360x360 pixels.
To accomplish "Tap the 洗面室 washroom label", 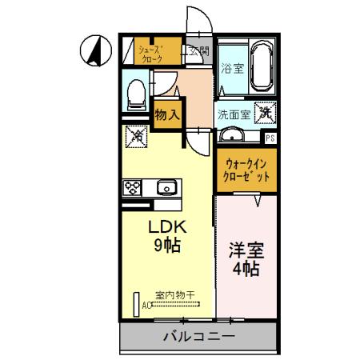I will coord(234,114).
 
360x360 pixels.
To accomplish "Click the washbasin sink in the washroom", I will coord(234,135).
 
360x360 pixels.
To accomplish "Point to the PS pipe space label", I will coord(270,138).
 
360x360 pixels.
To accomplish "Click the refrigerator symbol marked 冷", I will coord(135,137).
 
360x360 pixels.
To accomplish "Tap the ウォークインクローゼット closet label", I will coord(246,170).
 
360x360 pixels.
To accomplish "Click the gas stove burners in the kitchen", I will coord(133,187).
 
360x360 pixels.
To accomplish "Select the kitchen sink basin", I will coord(168,187).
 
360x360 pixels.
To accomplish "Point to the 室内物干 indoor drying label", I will coord(174,295).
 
